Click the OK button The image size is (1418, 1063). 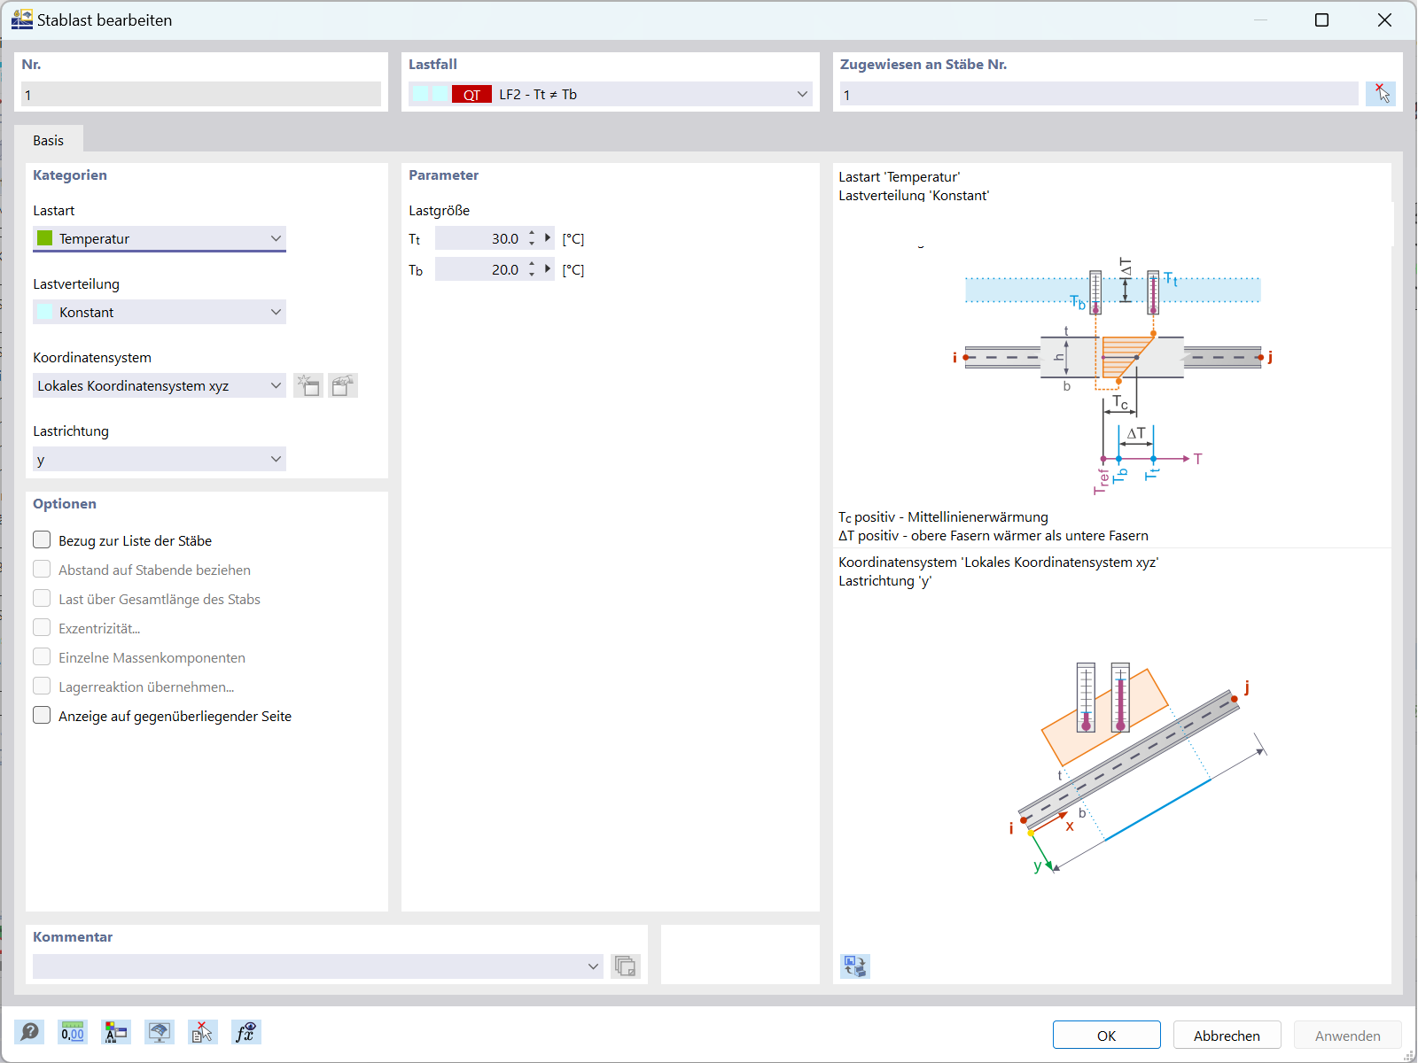pyautogui.click(x=1106, y=1036)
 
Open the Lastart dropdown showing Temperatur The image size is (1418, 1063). pyautogui.click(x=160, y=238)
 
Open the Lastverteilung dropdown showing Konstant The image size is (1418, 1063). pyautogui.click(x=160, y=312)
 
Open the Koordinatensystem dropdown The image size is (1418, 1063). pyautogui.click(x=160, y=385)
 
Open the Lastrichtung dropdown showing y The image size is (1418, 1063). pyautogui.click(x=160, y=459)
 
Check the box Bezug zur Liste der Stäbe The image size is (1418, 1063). pyautogui.click(x=42, y=540)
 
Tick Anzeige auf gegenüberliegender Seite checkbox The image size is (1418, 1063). pyautogui.click(x=42, y=716)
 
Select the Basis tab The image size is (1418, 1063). pyautogui.click(x=49, y=140)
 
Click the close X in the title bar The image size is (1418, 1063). pyautogui.click(x=1384, y=19)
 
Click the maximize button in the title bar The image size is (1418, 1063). pyautogui.click(x=1321, y=19)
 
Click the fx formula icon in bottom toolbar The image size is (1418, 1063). pyautogui.click(x=245, y=1032)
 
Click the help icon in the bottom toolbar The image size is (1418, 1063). pyautogui.click(x=29, y=1032)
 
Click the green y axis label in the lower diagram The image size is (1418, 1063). pyautogui.click(x=1037, y=866)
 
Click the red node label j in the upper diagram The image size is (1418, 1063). pyautogui.click(x=1270, y=357)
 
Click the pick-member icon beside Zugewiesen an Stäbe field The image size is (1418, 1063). pyautogui.click(x=1381, y=94)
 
